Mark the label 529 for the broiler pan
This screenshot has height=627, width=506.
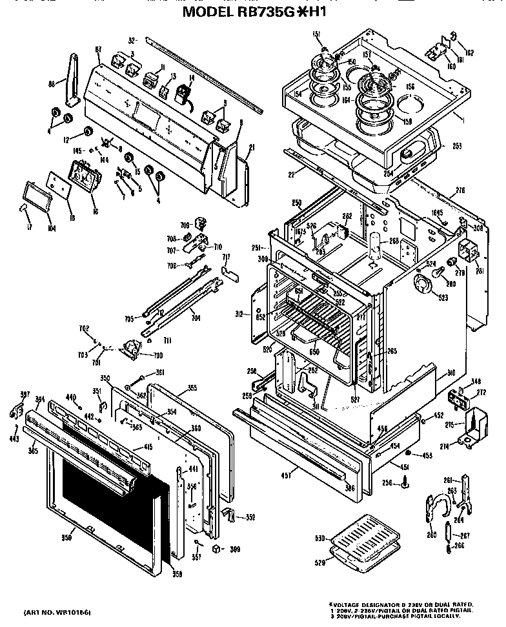[x=318, y=563]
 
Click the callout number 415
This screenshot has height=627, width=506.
[x=147, y=447]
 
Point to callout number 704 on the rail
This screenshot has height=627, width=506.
[x=195, y=318]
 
